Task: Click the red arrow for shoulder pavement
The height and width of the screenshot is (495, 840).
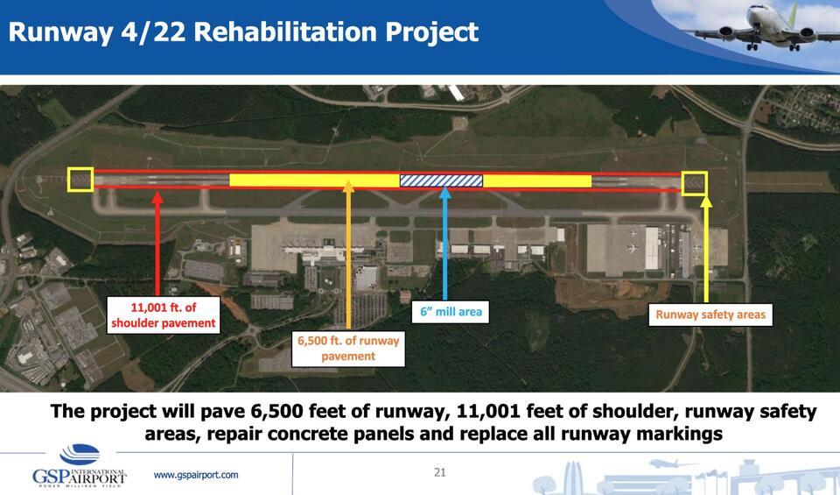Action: pos(157,245)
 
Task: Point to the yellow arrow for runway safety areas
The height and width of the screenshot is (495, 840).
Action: pos(707,250)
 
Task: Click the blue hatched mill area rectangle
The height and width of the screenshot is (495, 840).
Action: pos(441,180)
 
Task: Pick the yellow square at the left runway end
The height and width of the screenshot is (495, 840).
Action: pos(80,180)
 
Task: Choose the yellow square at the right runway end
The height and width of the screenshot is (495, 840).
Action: pos(695,182)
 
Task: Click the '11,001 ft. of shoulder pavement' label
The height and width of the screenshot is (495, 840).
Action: pos(163,315)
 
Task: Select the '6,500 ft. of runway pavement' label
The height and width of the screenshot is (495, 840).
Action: pos(348,348)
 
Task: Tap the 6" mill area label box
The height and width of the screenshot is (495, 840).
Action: pos(446,312)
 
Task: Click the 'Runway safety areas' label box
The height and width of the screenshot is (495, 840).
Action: pos(710,315)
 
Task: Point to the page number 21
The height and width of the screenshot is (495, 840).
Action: pos(440,473)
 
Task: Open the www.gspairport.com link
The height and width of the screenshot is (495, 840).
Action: pos(196,475)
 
